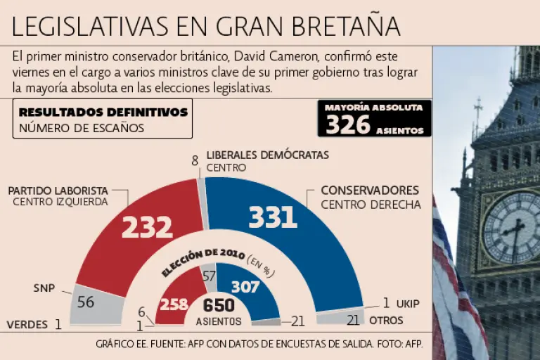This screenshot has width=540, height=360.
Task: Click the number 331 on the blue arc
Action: pos(272,217)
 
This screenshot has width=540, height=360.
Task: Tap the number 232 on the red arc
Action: pos(147,226)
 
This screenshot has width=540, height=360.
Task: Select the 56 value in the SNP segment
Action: pos(86,302)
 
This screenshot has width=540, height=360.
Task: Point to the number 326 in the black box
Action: pos(348,124)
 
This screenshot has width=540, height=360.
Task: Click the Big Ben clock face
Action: pos(511,226)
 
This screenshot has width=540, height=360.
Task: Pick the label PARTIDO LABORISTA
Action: pos(58,191)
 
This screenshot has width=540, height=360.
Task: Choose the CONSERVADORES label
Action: pos(370,191)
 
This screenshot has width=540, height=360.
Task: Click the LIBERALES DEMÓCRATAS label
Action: pos(267,155)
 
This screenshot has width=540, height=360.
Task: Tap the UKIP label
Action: pos(407,304)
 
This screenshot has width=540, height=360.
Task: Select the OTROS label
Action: pos(386,321)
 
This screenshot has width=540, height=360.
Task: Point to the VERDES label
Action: pos(27,325)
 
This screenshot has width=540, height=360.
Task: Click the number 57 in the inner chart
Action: pos(210,276)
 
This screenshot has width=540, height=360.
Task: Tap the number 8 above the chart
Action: pos(195,160)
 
